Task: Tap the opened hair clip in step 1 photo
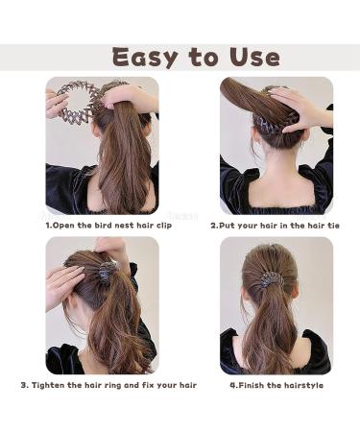point(75,101)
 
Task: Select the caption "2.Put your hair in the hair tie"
point(276,226)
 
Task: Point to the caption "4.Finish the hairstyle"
point(276,385)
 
